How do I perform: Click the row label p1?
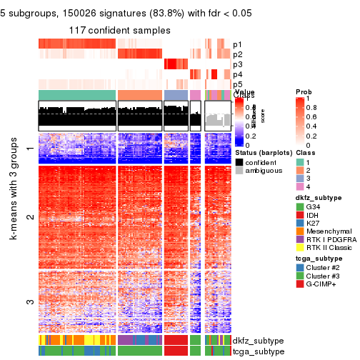tap(237, 44)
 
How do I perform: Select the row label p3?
tap(237, 64)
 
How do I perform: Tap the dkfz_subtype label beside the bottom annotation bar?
tap(254, 341)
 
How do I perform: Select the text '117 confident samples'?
tap(119, 31)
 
